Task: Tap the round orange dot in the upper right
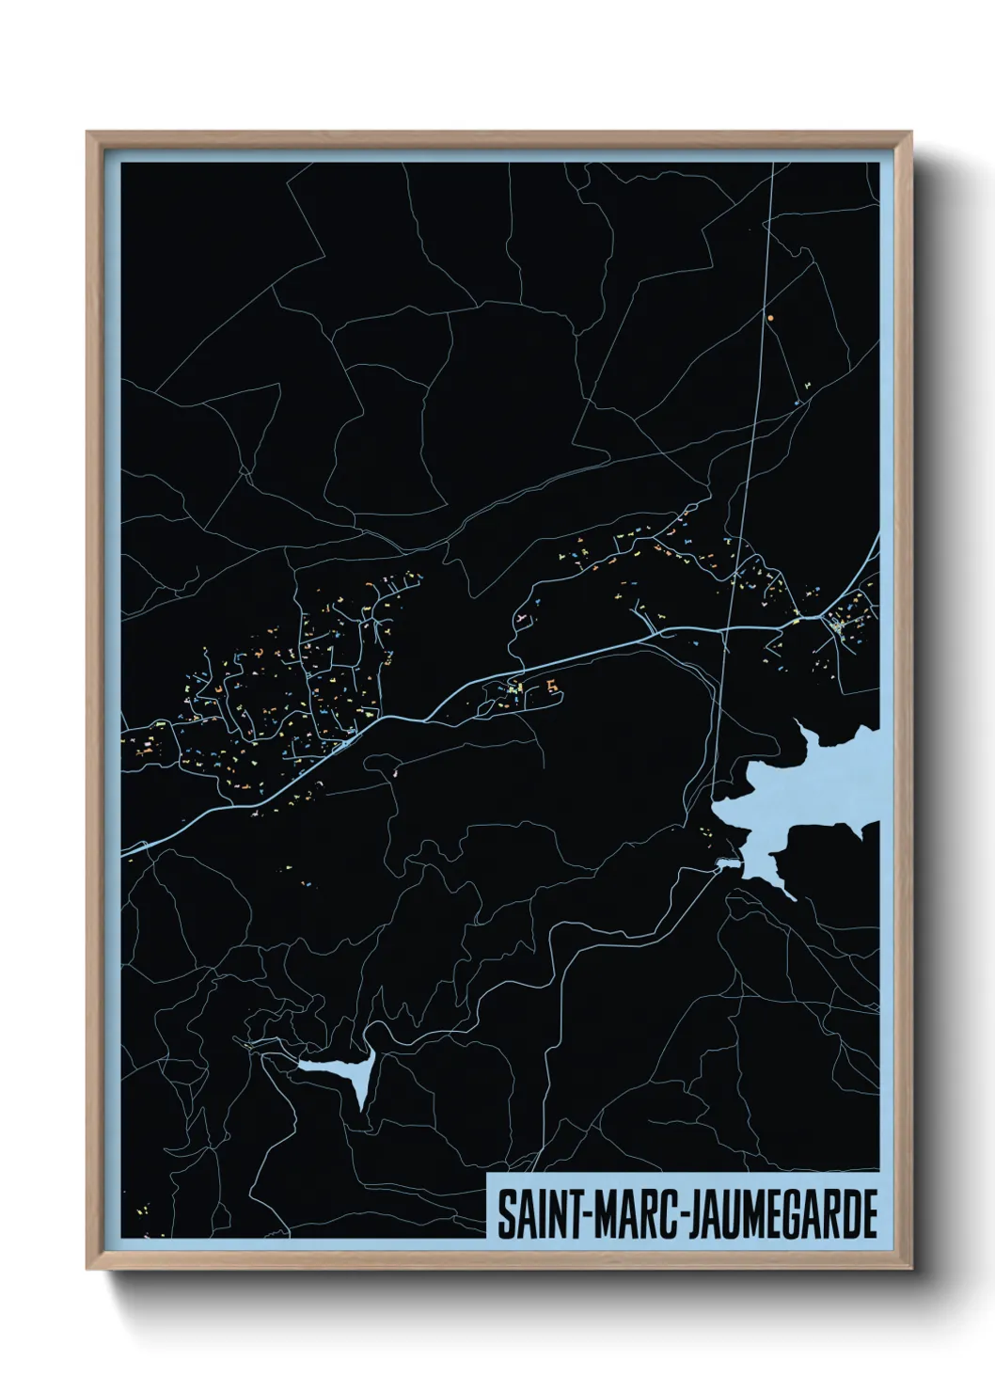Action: [770, 319]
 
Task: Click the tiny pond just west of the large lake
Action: [726, 862]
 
